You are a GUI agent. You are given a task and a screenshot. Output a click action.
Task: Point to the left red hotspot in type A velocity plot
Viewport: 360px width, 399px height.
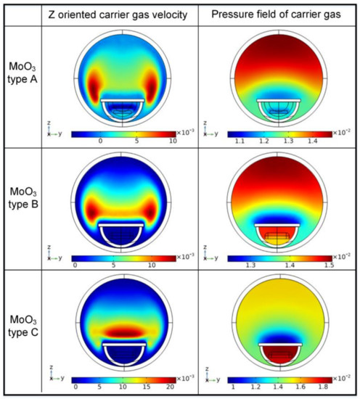click(92, 85)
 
